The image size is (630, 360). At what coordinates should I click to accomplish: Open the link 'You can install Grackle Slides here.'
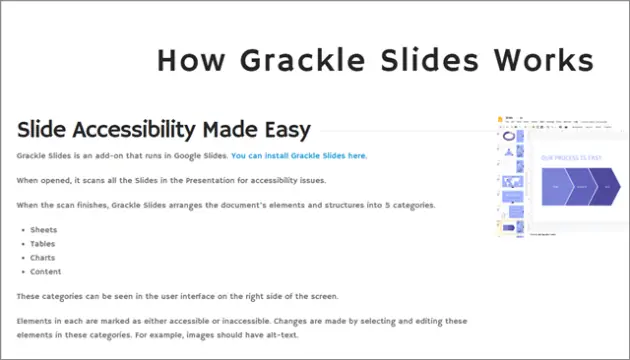click(x=299, y=156)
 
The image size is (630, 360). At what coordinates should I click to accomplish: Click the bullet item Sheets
click(x=45, y=230)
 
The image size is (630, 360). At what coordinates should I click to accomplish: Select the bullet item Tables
click(x=44, y=244)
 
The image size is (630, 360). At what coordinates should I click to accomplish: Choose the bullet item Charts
click(x=44, y=258)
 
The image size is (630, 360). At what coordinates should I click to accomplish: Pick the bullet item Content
click(x=46, y=272)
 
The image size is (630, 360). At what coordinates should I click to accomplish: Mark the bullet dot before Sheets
click(x=22, y=230)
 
